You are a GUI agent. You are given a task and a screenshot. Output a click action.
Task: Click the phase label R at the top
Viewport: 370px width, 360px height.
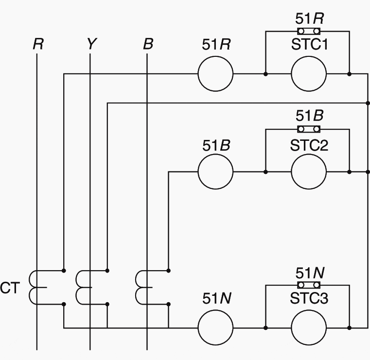pyautogui.click(x=38, y=44)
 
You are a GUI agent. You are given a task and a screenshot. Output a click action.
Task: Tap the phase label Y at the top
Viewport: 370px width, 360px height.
pyautogui.click(x=91, y=44)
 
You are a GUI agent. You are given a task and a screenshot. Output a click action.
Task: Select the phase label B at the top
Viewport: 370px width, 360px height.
pyautogui.click(x=148, y=44)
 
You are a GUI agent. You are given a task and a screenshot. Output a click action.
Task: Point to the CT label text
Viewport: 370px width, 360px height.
pyautogui.click(x=10, y=288)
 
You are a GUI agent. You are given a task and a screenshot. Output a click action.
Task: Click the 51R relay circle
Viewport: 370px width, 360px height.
pyautogui.click(x=215, y=74)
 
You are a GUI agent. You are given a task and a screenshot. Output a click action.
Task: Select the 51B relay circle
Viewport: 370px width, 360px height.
pyautogui.click(x=215, y=171)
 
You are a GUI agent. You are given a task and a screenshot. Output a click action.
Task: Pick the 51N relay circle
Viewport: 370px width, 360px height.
pyautogui.click(x=215, y=328)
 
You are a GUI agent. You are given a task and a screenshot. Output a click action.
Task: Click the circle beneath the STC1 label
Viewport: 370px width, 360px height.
pyautogui.click(x=309, y=74)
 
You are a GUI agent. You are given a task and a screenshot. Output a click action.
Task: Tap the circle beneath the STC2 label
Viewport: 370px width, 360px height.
pyautogui.click(x=309, y=171)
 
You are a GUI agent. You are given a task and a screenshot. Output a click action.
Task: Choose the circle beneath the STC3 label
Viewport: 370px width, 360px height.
pyautogui.click(x=309, y=328)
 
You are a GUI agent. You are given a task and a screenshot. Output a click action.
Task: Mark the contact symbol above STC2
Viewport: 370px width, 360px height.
pyautogui.click(x=309, y=129)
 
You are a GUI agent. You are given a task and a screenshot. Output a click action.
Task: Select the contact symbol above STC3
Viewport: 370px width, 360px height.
pyautogui.click(x=309, y=285)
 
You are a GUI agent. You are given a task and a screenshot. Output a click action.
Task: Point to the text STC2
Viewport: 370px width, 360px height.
pyautogui.click(x=309, y=144)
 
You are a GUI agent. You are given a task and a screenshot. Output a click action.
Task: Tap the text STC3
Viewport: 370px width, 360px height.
pyautogui.click(x=309, y=299)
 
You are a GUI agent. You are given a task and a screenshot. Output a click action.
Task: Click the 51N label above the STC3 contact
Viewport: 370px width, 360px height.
pyautogui.click(x=310, y=273)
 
